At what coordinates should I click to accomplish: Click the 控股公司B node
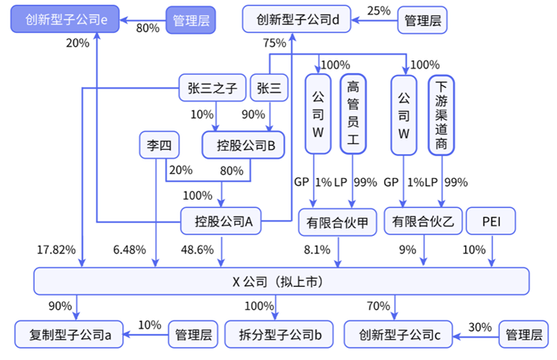(245, 145)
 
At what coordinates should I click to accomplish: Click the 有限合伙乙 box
(423, 220)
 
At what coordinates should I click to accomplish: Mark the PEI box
(493, 220)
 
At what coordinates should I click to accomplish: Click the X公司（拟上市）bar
(281, 281)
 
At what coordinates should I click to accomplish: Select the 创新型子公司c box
(398, 333)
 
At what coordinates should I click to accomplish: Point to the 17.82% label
(56, 250)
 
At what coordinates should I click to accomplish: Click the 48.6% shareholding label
(197, 250)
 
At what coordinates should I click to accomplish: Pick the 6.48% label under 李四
(130, 250)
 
